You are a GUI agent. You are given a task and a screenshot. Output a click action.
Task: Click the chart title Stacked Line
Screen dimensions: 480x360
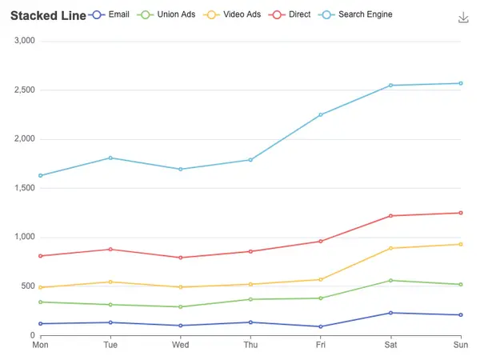(48, 16)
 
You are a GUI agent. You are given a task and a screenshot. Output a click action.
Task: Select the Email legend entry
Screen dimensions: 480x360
(109, 14)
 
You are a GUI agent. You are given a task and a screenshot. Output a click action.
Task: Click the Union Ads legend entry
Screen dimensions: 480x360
(166, 14)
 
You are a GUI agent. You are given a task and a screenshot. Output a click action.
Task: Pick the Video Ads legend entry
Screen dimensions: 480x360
(232, 14)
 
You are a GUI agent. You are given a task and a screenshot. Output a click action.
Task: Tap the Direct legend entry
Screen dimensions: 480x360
(290, 14)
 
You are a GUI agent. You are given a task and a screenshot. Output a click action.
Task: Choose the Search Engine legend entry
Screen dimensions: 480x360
(355, 14)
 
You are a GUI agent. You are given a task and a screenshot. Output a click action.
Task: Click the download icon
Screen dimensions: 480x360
(463, 18)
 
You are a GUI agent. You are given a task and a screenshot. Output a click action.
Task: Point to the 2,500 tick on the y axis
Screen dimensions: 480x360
(25, 90)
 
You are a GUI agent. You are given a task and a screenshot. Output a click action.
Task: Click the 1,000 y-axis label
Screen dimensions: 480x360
(25, 237)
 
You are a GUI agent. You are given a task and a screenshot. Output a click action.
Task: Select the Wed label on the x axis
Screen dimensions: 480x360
(181, 345)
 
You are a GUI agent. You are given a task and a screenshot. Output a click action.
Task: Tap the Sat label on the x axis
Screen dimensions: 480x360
(390, 345)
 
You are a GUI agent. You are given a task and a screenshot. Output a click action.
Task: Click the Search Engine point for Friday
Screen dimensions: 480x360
(321, 114)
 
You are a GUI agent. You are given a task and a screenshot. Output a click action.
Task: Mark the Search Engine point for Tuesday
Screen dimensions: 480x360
(110, 158)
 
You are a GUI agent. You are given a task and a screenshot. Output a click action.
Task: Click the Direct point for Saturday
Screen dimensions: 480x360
(390, 216)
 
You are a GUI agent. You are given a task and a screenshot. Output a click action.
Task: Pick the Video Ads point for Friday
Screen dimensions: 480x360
(321, 279)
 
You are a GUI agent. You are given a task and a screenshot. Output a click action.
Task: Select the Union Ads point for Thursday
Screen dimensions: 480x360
(250, 299)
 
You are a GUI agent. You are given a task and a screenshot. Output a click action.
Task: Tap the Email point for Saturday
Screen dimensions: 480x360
(390, 313)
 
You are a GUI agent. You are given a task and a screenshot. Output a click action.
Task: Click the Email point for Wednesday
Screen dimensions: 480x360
(181, 326)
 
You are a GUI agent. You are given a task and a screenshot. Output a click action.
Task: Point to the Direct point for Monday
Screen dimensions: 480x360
(41, 256)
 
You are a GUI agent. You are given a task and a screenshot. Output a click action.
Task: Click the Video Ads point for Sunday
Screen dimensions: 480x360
(461, 244)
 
